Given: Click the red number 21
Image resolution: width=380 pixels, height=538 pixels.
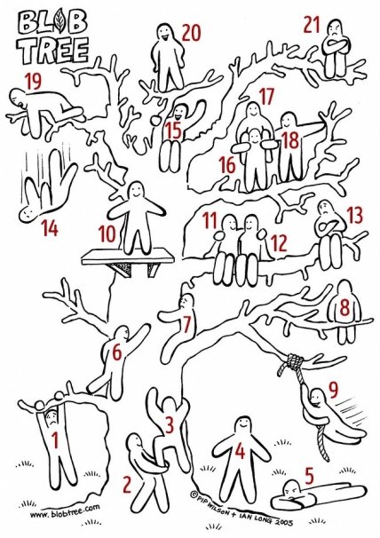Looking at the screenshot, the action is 312,25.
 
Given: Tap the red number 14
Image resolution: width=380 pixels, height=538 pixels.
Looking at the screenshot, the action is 50,228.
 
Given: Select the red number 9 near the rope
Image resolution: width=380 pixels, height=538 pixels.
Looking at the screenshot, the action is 333,389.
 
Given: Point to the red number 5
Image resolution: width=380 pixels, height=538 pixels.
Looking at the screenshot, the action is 309,476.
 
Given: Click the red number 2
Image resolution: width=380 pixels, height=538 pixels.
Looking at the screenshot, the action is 127,485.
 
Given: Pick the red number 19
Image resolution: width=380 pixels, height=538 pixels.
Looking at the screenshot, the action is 34,82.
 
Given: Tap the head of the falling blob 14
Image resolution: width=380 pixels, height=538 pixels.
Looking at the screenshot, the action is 28,214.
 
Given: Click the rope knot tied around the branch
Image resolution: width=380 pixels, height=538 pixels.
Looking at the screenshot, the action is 295,361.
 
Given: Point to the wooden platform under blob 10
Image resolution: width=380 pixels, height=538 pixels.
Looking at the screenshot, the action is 128,257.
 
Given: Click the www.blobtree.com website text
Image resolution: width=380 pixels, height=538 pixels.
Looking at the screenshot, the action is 65,510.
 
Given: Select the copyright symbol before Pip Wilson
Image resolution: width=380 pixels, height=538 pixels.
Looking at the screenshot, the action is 194,495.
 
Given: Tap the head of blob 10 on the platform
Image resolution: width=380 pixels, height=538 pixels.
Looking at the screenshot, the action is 136,191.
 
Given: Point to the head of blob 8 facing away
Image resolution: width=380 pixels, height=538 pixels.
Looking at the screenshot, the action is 345,290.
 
